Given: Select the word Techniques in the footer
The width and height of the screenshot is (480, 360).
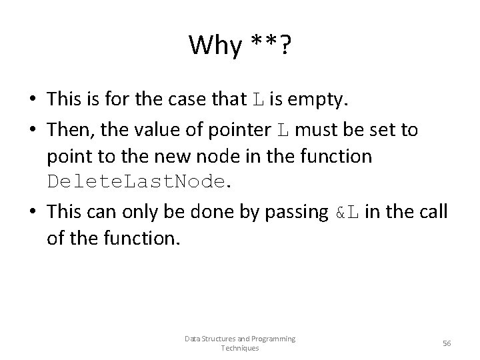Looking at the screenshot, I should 239,348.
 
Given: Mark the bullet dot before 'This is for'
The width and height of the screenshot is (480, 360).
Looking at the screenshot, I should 33,100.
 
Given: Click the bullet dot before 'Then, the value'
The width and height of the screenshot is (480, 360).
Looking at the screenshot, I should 33,129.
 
